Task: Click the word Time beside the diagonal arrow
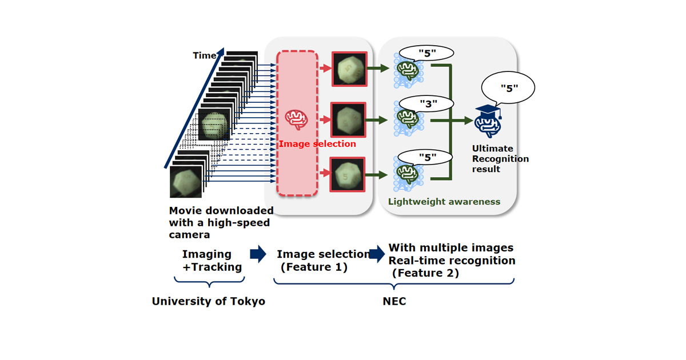[204, 55]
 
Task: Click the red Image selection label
[317, 144]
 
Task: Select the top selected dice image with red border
[349, 69]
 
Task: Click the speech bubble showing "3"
[426, 103]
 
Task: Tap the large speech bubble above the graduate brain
[508, 88]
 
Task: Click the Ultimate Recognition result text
[500, 159]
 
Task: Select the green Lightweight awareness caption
[444, 202]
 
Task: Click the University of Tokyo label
[209, 301]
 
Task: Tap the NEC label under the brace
[394, 301]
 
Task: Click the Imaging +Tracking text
[212, 261]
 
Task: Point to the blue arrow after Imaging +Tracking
[258, 254]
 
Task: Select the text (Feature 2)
[425, 273]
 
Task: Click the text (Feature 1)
[314, 267]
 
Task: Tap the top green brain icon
[408, 70]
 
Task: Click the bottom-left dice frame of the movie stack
[186, 182]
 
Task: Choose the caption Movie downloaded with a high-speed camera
[221, 223]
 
